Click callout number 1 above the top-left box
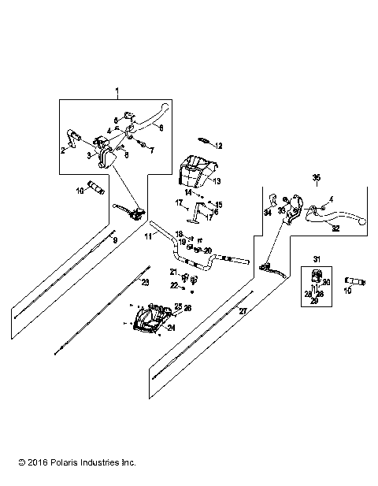[117, 93]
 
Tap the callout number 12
[219, 146]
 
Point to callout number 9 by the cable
[115, 239]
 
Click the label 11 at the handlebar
[147, 236]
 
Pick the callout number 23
[144, 281]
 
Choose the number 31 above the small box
[317, 259]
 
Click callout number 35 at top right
[317, 176]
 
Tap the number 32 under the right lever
[335, 228]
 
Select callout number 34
[267, 213]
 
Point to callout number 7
[153, 149]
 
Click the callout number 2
[64, 149]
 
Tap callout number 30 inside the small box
[326, 282]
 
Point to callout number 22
[174, 285]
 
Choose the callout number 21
[174, 272]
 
